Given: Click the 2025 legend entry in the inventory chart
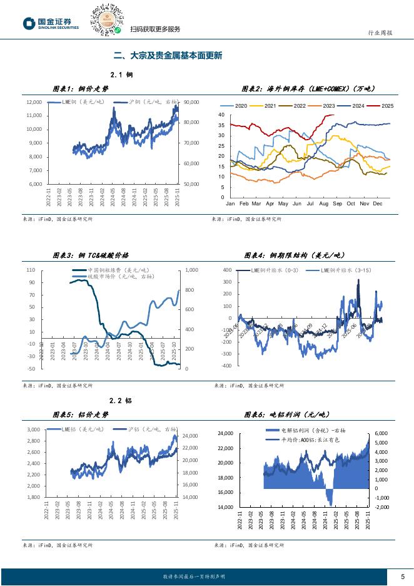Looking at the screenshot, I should click(382, 106).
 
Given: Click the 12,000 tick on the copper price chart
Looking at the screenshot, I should click(34, 102).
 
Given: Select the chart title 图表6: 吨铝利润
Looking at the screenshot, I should click(285, 414).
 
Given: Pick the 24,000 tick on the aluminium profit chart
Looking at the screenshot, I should click(225, 433).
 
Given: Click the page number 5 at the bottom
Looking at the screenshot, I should click(402, 577).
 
